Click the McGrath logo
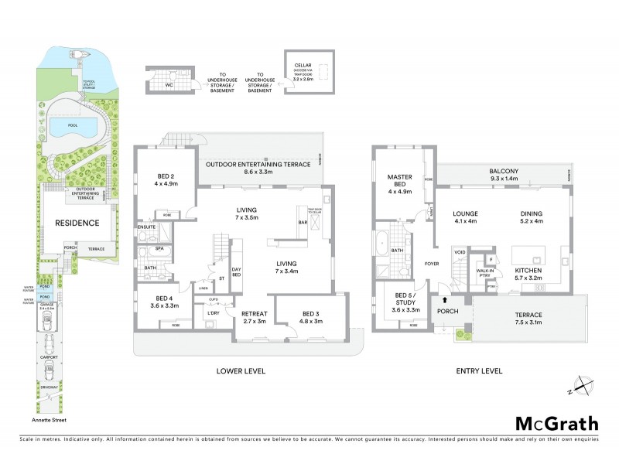pos(556,423)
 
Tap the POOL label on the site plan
pos(74,125)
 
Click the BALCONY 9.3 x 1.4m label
pos(503,175)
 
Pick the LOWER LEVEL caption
pos(240,371)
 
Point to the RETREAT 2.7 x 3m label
pos(254,317)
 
